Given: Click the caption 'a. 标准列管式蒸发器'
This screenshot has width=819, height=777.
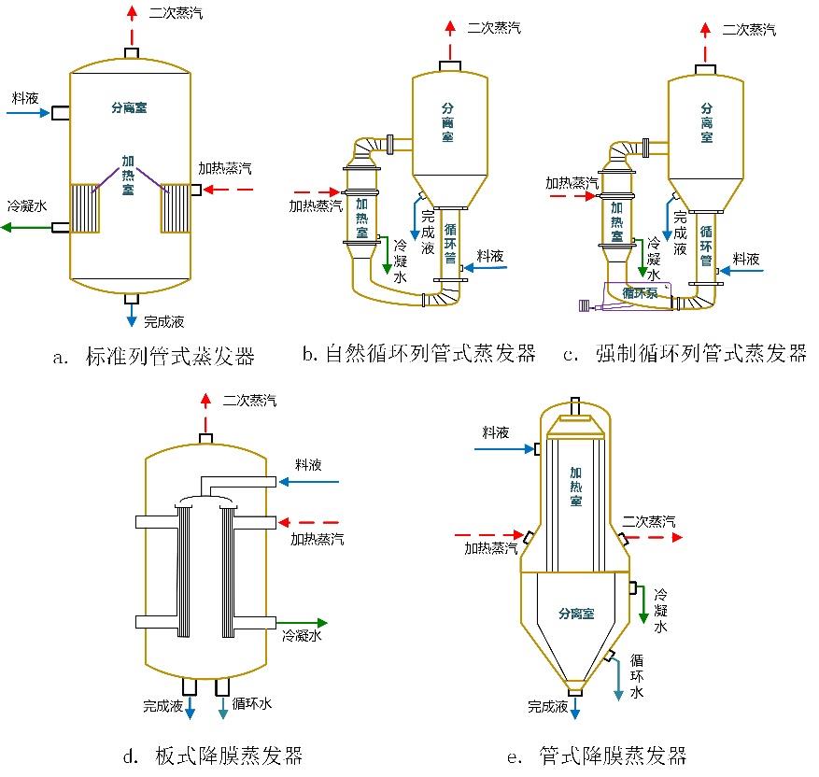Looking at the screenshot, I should tap(154, 356).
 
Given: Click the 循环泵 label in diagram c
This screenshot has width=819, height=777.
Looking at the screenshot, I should tap(641, 292).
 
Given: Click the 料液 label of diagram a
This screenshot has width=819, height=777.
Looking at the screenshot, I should tap(23, 97).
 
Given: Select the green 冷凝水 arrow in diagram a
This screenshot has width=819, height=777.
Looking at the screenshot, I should tap(26, 227).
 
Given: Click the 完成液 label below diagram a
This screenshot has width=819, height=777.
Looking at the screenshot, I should tap(163, 322).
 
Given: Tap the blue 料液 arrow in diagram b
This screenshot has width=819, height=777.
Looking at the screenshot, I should tap(490, 267).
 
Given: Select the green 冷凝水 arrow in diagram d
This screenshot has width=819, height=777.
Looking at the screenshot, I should tap(304, 622).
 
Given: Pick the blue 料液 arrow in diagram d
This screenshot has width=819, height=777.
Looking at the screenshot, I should tap(309, 482).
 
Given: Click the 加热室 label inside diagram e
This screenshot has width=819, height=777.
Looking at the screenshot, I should tap(576, 487).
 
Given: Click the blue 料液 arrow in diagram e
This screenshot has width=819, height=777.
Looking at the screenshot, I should tap(503, 449).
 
